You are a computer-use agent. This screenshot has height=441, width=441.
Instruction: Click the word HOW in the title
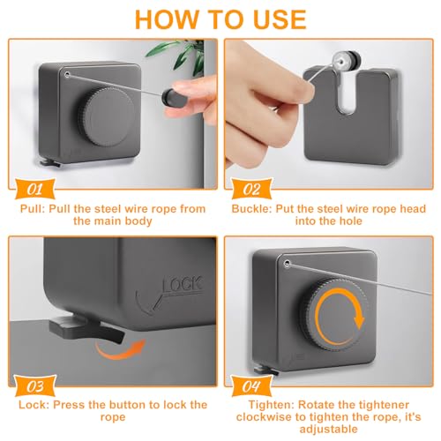coord(166,19)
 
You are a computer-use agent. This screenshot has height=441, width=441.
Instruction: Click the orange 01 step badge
coord(35,189)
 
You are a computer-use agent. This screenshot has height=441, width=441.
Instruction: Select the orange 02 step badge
coord(251,189)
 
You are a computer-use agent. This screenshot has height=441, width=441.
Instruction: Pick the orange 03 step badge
coord(35,386)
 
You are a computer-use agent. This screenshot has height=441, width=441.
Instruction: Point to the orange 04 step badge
coord(251,386)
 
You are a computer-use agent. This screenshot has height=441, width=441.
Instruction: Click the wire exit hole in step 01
coord(67,74)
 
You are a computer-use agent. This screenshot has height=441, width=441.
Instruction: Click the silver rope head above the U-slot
coord(346,61)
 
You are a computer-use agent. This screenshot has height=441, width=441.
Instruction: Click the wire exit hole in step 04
coord(287,264)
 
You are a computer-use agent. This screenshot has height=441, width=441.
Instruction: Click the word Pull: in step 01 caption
coord(33,209)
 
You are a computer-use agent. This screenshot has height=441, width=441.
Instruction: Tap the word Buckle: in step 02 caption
coord(251,209)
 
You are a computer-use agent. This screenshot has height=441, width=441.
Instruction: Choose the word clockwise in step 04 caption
coord(264,417)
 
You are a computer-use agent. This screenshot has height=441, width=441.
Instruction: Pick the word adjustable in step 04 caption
coord(328,430)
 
